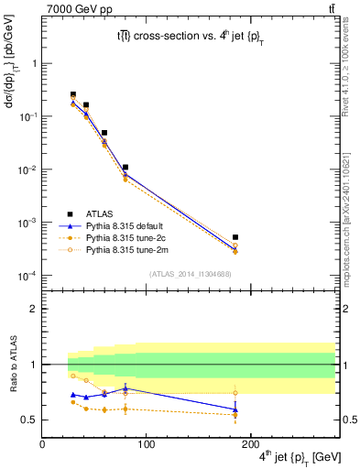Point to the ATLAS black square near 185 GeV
tap(235, 237)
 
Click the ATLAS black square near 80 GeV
tap(125, 168)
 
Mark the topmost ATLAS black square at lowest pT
tap(73, 94)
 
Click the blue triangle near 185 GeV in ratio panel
tap(235, 409)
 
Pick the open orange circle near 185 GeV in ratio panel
tap(235, 393)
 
